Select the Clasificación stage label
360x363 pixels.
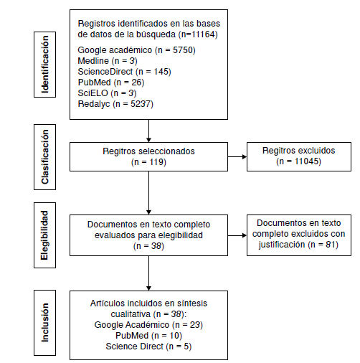tap(46, 156)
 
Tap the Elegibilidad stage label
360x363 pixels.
tap(46, 235)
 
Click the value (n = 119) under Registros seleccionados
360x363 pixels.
tap(148, 162)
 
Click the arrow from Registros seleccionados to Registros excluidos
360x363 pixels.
tap(237, 156)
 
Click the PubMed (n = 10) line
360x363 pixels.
tap(148, 336)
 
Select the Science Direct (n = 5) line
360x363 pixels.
tap(148, 346)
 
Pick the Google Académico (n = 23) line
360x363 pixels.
tap(148, 325)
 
